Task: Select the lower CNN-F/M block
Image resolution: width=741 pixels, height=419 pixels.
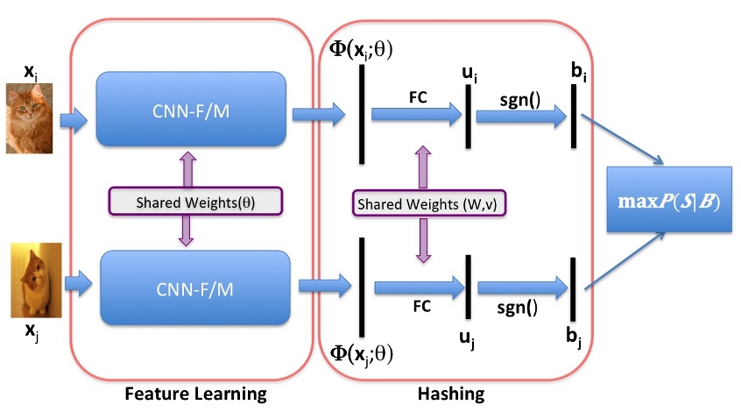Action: [195, 287]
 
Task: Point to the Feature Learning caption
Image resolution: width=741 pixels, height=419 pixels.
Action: [194, 394]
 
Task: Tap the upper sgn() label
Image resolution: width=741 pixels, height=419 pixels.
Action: [520, 100]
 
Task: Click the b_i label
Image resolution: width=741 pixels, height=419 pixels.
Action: [579, 66]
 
